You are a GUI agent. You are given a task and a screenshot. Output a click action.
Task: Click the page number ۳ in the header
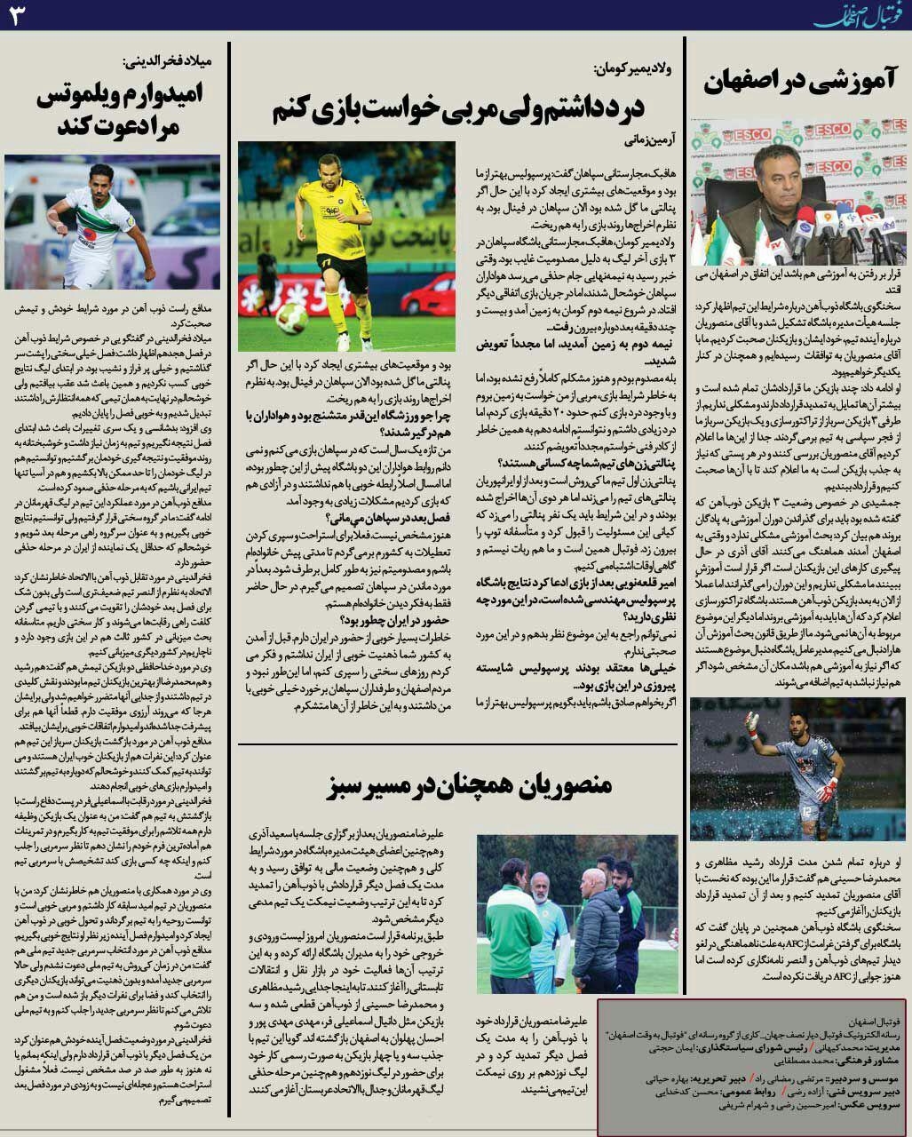(18, 15)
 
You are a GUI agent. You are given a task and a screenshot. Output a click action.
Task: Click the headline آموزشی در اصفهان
(799, 82)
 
